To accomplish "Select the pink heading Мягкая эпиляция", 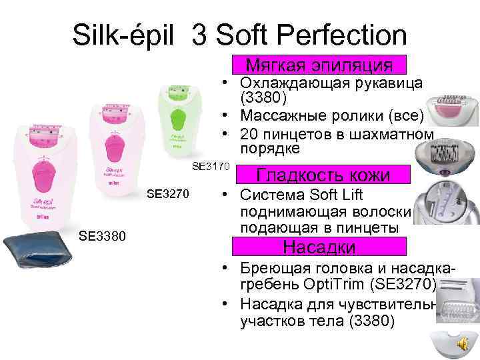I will [x=319, y=65].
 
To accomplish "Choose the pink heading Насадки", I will [x=319, y=247].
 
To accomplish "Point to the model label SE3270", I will [x=169, y=195].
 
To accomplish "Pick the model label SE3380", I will [x=100, y=235].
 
